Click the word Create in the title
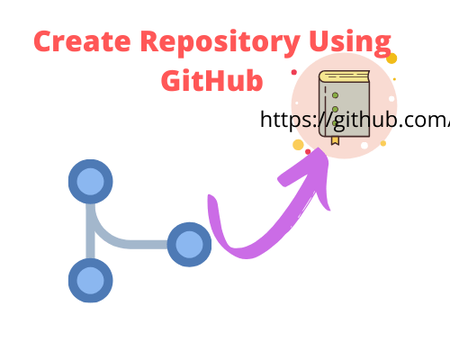click(x=76, y=43)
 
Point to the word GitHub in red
click(x=212, y=80)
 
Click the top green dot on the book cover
click(x=335, y=94)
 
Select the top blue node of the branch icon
click(x=91, y=183)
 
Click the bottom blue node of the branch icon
click(x=91, y=281)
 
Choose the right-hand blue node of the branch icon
click(x=189, y=244)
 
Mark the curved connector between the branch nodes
click(x=108, y=236)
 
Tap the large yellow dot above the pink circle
click(x=391, y=58)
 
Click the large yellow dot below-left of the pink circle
click(x=298, y=145)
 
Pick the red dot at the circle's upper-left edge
click(x=294, y=72)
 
